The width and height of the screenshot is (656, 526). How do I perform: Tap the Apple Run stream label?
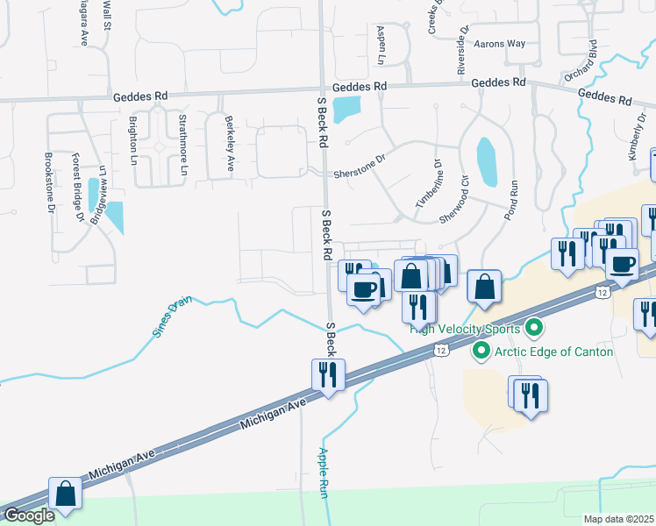pyautogui.click(x=322, y=473)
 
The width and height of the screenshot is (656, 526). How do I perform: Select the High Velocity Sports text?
pyautogui.click(x=467, y=330)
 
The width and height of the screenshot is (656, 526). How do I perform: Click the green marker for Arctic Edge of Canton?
pyautogui.click(x=481, y=352)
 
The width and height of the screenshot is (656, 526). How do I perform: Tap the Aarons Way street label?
pyautogui.click(x=499, y=43)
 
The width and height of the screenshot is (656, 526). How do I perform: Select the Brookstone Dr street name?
pyautogui.click(x=50, y=182)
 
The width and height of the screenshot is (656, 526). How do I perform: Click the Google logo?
pyautogui.click(x=29, y=515)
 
